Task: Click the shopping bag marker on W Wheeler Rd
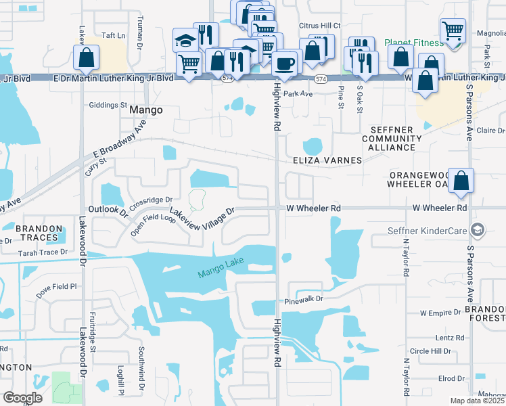pyautogui.click(x=461, y=182)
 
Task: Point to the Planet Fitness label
pyautogui.click(x=412, y=42)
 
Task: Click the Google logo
pyautogui.click(x=22, y=397)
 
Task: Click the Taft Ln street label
pyautogui.click(x=114, y=35)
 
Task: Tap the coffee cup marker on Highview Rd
pyautogui.click(x=285, y=64)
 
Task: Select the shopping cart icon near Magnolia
pyautogui.click(x=452, y=31)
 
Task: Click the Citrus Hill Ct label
pyautogui.click(x=319, y=26)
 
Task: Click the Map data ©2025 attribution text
pyautogui.click(x=477, y=401)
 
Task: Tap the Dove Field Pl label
pyautogui.click(x=57, y=287)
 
